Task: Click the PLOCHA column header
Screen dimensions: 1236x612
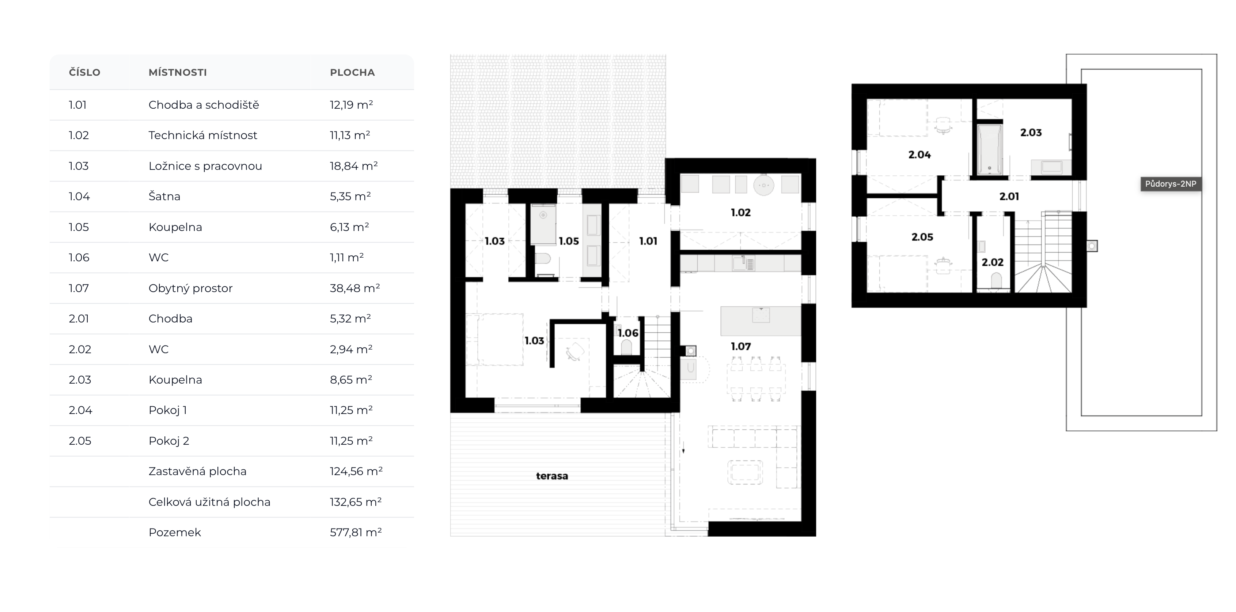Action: [x=352, y=72]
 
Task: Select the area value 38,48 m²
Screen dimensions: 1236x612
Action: [x=355, y=288]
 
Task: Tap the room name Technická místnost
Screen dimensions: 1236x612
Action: [x=203, y=135]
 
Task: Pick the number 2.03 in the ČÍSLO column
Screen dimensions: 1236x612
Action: [x=80, y=380]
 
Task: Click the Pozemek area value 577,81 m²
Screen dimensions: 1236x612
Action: [x=356, y=532]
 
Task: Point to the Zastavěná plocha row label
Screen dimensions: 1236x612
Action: [x=198, y=471]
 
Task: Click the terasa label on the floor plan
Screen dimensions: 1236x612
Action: [x=552, y=476]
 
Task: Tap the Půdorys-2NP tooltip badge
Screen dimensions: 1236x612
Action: [x=1171, y=184]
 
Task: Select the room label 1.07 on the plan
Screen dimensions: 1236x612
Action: [x=741, y=346]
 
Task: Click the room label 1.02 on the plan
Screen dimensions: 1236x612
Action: [x=741, y=212]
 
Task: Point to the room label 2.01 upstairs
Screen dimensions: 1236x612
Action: [x=1009, y=197]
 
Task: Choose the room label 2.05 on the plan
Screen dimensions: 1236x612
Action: [x=922, y=237]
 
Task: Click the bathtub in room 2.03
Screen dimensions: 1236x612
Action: [x=990, y=149]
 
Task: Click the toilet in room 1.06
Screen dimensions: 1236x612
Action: [x=626, y=347]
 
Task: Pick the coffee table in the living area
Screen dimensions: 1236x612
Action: [x=745, y=472]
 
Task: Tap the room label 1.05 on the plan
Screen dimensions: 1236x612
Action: [x=569, y=241]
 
